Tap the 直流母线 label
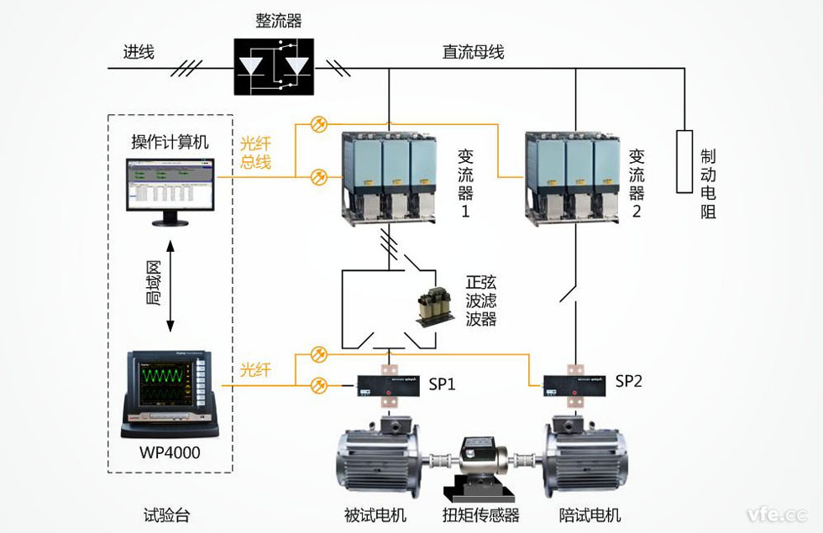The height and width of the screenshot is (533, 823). [473, 52]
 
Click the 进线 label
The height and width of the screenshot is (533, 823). [139, 52]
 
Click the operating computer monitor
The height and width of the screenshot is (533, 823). [170, 187]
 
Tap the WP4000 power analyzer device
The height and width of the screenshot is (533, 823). [170, 392]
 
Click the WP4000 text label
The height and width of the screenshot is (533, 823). [172, 454]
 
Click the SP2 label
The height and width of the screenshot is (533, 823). [628, 381]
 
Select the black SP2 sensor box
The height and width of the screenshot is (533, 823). [575, 385]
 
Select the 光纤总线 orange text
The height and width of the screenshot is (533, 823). [255, 152]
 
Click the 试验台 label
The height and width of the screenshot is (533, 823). [167, 515]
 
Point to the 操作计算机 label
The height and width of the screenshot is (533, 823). [170, 141]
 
